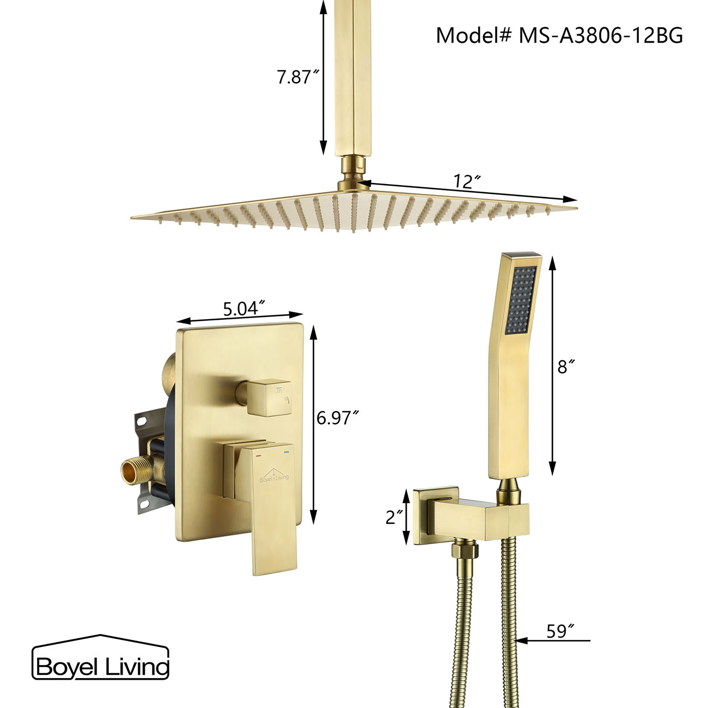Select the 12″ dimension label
[x=465, y=181]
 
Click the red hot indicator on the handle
[x=259, y=452]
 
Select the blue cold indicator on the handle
[x=285, y=452]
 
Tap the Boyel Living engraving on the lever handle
[x=274, y=478]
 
